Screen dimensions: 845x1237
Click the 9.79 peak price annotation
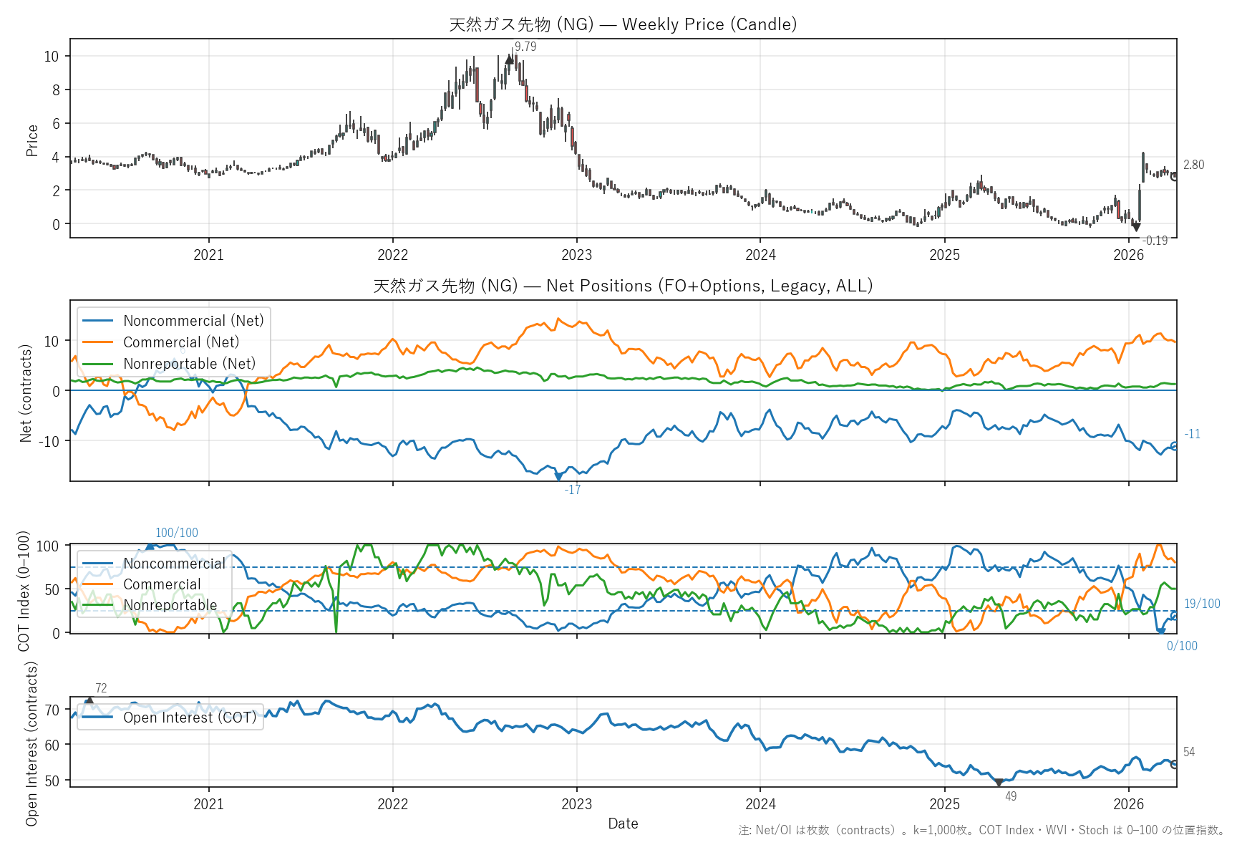[525, 47]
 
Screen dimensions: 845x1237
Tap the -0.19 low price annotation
[1155, 241]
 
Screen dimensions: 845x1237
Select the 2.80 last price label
[1193, 165]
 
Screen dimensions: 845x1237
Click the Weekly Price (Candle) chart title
[623, 24]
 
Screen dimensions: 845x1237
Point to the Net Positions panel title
[623, 286]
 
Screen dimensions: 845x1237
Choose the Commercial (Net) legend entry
[181, 342]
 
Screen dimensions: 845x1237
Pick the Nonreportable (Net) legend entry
[189, 364]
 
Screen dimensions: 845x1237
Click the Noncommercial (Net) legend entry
[193, 321]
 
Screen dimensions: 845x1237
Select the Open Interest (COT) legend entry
[190, 718]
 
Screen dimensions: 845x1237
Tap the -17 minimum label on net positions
[573, 490]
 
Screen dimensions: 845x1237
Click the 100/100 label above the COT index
[177, 533]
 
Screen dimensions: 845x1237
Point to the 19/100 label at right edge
[1202, 604]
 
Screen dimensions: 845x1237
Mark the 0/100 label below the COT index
[1182, 646]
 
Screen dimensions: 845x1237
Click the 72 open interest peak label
[101, 688]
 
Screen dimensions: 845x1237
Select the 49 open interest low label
[1011, 796]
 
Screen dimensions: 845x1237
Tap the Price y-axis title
[32, 140]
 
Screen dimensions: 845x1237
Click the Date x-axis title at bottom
[623, 824]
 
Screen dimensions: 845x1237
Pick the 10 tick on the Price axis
[52, 57]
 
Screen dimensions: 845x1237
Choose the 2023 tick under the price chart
[576, 255]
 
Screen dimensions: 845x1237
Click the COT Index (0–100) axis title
[24, 591]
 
